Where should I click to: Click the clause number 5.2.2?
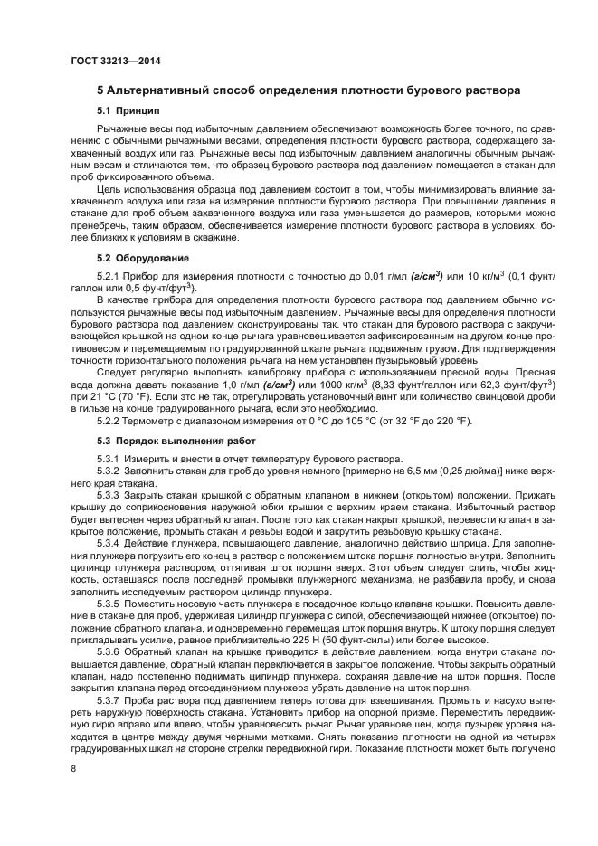tap(109, 422)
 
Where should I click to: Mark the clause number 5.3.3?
tap(109, 497)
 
